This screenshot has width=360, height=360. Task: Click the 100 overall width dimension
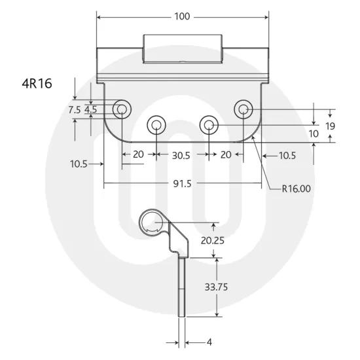(x=183, y=16)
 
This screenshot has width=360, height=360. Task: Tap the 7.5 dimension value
(x=74, y=110)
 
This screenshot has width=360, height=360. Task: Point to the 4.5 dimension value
(x=90, y=110)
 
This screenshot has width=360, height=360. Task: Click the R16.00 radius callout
(x=297, y=189)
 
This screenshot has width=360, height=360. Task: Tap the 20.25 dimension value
(x=213, y=240)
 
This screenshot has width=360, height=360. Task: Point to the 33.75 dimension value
(x=216, y=287)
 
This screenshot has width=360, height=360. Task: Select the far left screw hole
(x=120, y=109)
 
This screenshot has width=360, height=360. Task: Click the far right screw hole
(x=243, y=109)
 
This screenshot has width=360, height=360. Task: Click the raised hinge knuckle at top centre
(x=182, y=49)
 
